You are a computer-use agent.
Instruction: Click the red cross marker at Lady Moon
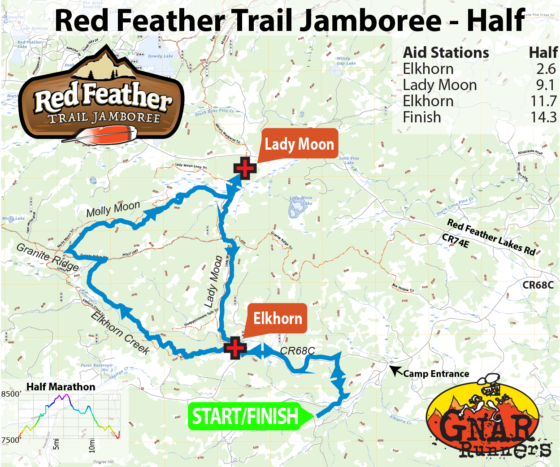[x=244, y=169]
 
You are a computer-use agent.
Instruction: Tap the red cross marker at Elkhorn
[x=234, y=348]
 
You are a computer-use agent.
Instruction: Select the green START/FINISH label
[x=245, y=416]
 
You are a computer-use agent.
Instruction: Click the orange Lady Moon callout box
[x=299, y=144]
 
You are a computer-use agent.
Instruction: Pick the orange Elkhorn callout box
[x=278, y=319]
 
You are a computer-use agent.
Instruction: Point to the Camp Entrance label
[x=436, y=374]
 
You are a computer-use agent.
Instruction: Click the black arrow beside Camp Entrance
[x=396, y=371]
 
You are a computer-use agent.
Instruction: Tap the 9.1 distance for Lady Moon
[x=546, y=85]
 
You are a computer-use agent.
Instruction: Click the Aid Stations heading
[x=446, y=53]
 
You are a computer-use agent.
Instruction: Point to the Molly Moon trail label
[x=113, y=209]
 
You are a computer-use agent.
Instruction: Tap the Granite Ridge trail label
[x=48, y=257]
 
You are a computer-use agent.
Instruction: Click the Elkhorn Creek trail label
[x=120, y=333]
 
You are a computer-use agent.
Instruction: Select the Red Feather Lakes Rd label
[x=491, y=237]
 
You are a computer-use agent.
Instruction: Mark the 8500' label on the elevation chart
[x=11, y=394]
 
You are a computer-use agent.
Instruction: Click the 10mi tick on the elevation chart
[x=92, y=444]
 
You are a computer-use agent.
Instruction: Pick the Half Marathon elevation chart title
[x=61, y=387]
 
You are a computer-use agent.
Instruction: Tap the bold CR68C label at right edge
[x=538, y=285]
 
